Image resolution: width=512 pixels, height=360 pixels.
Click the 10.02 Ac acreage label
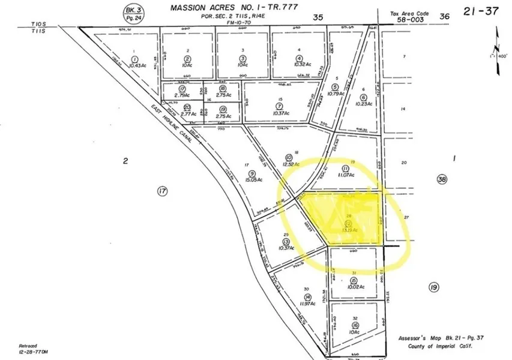[x=355, y=287]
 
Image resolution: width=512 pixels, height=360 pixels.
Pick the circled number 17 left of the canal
[x=161, y=191]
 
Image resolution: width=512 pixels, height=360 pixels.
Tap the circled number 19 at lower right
[x=433, y=287]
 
